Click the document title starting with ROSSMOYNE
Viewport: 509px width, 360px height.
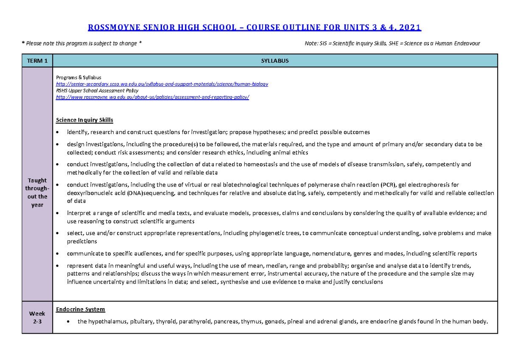(x=254, y=28)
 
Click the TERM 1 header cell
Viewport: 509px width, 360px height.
(x=37, y=61)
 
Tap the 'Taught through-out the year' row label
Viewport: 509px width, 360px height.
(x=37, y=193)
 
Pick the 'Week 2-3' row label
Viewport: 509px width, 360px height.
(x=37, y=318)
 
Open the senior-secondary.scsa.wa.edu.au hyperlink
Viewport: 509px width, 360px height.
(x=162, y=84)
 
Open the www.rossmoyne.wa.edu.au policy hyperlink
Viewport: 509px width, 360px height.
(x=153, y=97)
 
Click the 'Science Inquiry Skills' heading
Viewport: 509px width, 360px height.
(x=84, y=120)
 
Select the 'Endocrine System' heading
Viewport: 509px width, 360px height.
(x=81, y=309)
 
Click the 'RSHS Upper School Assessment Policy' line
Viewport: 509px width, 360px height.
(x=97, y=90)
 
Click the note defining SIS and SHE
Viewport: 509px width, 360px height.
(x=392, y=43)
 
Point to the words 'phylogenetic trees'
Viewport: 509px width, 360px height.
(x=277, y=233)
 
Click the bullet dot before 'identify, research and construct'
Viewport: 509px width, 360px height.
(x=58, y=132)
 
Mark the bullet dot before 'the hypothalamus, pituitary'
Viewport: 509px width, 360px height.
(x=69, y=322)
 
